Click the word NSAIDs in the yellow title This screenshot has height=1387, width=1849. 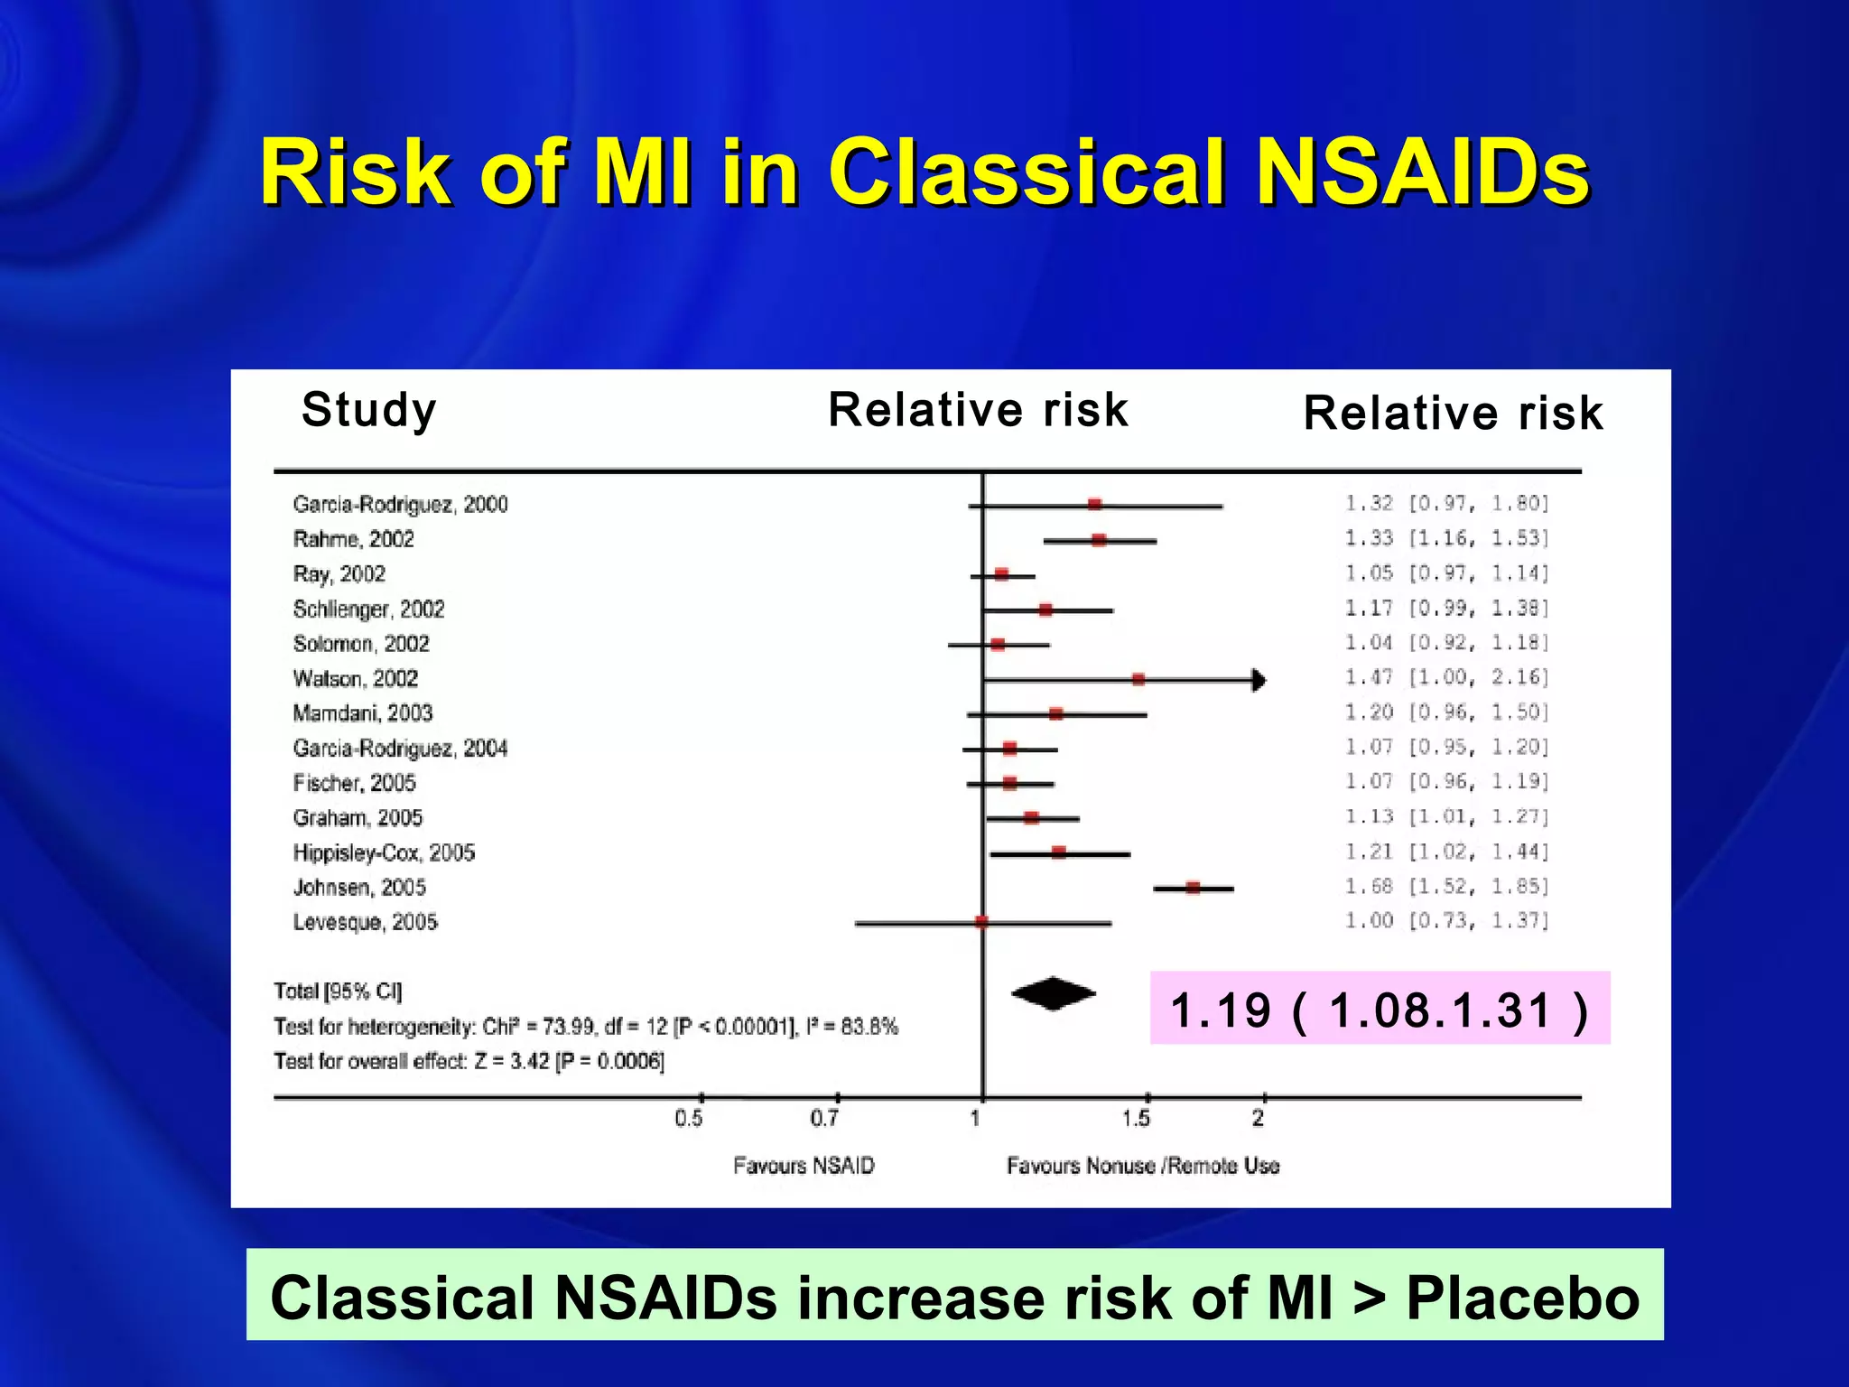[1422, 172]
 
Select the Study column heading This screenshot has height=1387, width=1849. [368, 410]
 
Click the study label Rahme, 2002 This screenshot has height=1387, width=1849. [353, 539]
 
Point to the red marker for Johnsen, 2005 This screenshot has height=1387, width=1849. [1193, 888]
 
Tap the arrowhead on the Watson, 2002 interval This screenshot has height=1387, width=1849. [1259, 680]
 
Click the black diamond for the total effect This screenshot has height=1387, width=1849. [1053, 994]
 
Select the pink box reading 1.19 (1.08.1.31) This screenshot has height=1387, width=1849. [1379, 1009]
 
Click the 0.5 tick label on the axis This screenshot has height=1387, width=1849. [688, 1119]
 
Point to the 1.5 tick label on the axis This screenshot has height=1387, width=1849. [1136, 1119]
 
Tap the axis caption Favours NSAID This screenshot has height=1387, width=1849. [804, 1166]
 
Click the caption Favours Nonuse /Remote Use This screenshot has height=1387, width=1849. [1142, 1166]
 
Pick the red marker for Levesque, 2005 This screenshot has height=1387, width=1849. [981, 922]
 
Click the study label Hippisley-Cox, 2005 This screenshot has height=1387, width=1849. [384, 852]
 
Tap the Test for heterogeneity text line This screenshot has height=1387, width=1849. [585, 1027]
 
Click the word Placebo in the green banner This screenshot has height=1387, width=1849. [1522, 1298]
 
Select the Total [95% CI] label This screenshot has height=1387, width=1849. [338, 991]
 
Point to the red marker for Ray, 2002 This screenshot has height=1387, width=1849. [1001, 574]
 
